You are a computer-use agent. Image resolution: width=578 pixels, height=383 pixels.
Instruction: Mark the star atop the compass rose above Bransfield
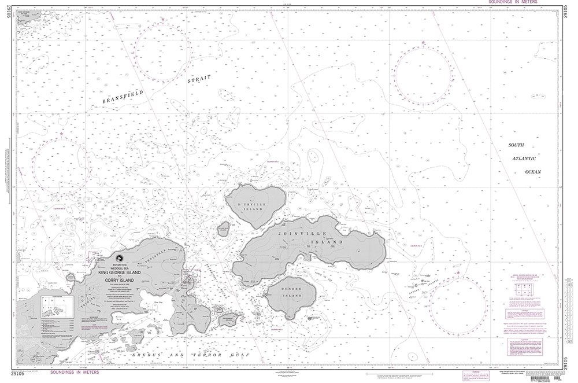164,21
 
